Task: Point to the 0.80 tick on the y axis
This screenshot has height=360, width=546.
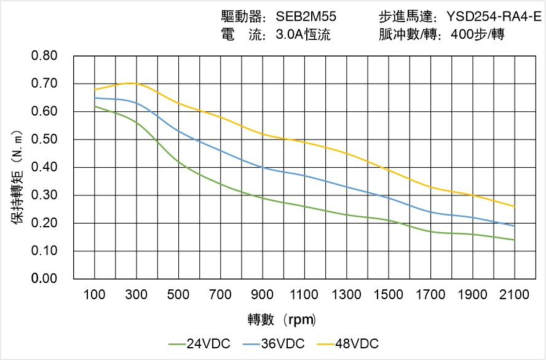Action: click(x=44, y=56)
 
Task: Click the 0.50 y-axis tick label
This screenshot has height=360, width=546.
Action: click(x=44, y=139)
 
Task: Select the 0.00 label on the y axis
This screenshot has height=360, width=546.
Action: click(x=44, y=279)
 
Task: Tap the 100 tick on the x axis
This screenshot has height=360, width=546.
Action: click(x=95, y=295)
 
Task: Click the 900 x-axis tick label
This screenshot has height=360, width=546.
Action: click(x=263, y=295)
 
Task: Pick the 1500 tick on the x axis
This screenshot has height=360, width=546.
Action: click(x=389, y=295)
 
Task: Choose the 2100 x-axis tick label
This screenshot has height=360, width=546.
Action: click(x=515, y=295)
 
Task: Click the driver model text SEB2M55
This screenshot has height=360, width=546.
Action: click(x=306, y=17)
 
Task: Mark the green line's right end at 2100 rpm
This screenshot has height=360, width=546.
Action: click(x=515, y=240)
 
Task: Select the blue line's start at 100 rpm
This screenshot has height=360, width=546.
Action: click(x=95, y=98)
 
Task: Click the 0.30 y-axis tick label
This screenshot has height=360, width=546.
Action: click(x=44, y=195)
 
